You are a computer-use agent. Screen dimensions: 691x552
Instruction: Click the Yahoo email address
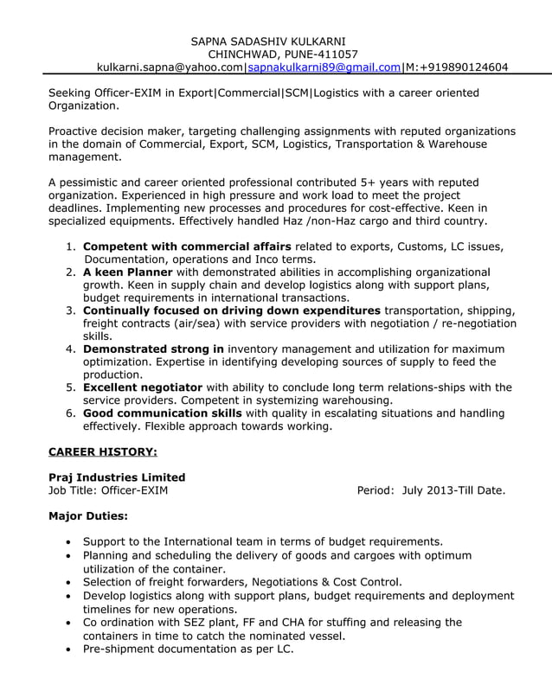(x=170, y=67)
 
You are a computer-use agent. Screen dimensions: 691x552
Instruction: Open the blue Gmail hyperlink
(x=324, y=67)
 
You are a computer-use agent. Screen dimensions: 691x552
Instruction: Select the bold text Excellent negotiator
(x=143, y=387)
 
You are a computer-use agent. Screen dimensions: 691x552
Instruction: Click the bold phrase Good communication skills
(x=162, y=413)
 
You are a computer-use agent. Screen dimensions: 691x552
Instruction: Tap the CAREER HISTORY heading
(x=102, y=451)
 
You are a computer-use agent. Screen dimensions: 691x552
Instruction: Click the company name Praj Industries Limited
(x=117, y=477)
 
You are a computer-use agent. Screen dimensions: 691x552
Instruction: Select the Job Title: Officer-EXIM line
(x=108, y=490)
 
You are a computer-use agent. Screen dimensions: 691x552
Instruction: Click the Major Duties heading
(x=88, y=516)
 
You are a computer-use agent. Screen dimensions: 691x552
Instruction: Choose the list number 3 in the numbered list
(x=71, y=310)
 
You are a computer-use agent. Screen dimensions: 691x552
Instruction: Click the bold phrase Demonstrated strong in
(x=153, y=349)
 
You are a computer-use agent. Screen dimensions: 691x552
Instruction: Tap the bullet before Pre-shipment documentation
(x=68, y=649)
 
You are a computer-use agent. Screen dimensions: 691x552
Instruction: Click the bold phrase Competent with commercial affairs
(x=187, y=246)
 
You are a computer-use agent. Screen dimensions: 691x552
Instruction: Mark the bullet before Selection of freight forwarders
(x=68, y=583)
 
